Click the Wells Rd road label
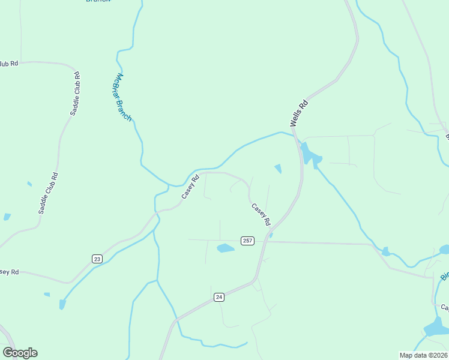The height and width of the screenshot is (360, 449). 299,112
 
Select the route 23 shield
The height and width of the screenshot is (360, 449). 97,259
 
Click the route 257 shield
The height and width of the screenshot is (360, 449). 248,241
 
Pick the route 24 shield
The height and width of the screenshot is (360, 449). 218,297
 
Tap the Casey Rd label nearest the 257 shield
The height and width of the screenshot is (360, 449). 261,215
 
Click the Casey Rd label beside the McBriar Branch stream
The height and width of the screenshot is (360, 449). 190,187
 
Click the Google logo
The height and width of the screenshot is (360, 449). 20,353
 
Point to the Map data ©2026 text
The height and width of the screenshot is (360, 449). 423,355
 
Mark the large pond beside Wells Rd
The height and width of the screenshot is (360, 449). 310,155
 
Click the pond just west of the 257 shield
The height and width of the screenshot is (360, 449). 225,248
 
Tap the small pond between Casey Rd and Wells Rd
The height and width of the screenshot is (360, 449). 278,169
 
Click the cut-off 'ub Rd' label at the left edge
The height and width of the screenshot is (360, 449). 9,63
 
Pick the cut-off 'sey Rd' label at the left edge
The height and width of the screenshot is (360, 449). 9,272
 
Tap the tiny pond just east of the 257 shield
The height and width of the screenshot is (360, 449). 271,235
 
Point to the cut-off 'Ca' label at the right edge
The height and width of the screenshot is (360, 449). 445,307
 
